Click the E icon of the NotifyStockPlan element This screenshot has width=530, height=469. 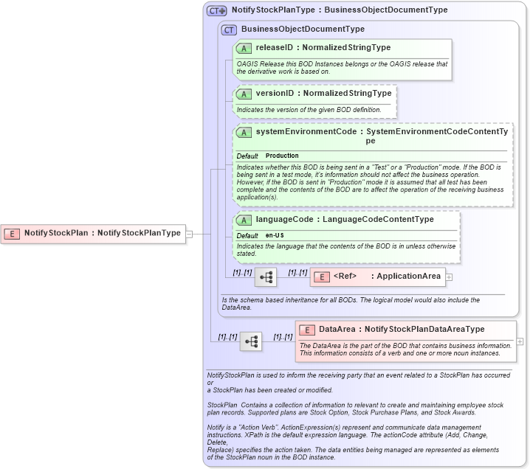pos(12,233)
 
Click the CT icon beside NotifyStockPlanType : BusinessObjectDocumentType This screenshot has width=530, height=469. pos(216,10)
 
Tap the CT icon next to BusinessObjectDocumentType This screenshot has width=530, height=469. pos(229,29)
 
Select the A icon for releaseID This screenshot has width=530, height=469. pos(244,48)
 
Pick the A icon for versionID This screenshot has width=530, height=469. pos(244,94)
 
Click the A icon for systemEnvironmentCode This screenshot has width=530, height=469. pos(244,132)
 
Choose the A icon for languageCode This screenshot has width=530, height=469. pos(244,220)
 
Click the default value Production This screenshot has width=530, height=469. pos(282,156)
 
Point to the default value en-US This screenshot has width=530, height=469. pos(275,235)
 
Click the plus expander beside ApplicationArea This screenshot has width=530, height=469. pos(449,277)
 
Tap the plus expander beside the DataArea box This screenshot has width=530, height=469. pos(520,341)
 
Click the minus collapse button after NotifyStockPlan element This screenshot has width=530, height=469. pos(190,234)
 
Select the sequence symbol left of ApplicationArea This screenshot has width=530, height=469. pos(266,277)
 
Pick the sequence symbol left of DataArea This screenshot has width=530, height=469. pos(251,341)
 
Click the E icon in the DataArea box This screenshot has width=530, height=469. pos(306,330)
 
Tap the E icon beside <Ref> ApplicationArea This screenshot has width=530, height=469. pos(321,277)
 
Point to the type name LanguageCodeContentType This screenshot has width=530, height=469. pos(378,220)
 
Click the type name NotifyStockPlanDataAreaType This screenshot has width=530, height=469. pos(424,330)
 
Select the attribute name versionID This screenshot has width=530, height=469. pos(275,94)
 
